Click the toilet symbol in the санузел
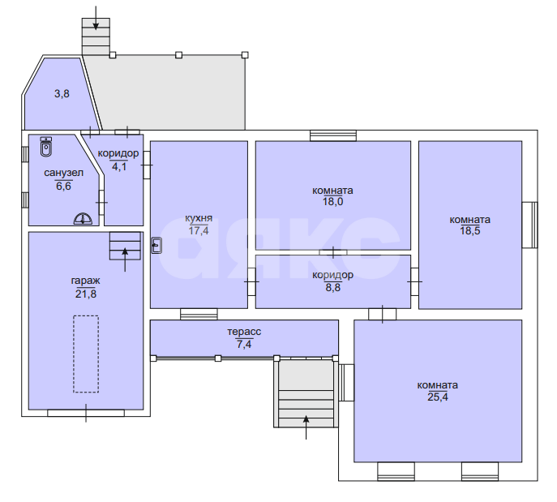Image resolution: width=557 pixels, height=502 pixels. click(46, 147)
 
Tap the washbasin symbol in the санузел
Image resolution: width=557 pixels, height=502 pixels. click(83, 219)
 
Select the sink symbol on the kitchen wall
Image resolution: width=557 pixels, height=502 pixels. click(156, 245)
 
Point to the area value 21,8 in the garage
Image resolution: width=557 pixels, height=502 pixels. click(86, 294)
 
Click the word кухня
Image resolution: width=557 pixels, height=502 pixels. click(199, 218)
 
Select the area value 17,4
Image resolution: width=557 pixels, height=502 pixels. click(199, 231)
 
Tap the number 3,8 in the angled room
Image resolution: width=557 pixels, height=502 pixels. click(62, 94)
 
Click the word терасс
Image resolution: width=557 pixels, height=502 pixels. click(244, 332)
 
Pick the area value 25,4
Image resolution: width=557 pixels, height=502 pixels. click(438, 397)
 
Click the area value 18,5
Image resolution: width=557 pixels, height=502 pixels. click(470, 231)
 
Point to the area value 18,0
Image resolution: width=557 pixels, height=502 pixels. click(333, 202)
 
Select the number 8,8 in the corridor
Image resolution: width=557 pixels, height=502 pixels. click(333, 287)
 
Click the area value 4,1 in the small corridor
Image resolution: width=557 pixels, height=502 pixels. click(119, 166)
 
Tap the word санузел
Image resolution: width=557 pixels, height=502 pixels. click(63, 173)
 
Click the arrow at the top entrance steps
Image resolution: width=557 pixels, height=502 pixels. click(96, 18)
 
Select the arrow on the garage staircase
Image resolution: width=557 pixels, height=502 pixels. click(125, 260)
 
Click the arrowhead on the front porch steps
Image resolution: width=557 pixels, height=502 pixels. click(306, 419)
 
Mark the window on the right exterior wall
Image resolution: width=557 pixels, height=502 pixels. click(529, 225)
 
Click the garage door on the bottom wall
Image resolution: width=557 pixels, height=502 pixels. click(86, 413)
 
